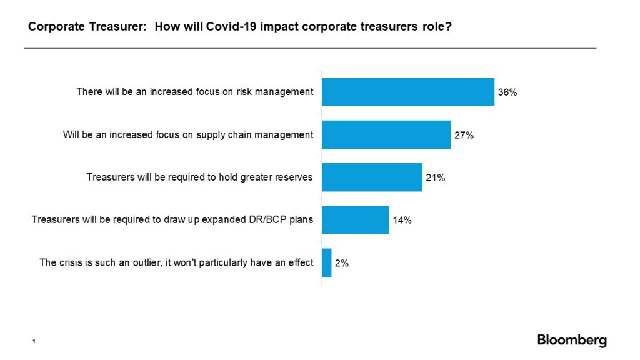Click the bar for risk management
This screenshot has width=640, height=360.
(407, 92)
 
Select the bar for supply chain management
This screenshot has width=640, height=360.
(386, 134)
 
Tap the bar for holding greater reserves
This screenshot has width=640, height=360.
(372, 177)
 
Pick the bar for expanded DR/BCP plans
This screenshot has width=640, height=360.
(355, 220)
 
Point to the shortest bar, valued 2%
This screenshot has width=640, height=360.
(326, 262)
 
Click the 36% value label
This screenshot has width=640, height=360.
(507, 92)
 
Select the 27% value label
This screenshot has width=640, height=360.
(464, 135)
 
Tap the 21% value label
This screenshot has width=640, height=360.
(436, 177)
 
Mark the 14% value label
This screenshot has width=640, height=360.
(402, 220)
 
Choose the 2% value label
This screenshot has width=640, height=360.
(342, 263)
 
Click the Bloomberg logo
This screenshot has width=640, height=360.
(571, 341)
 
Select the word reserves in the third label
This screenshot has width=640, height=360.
(294, 177)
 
